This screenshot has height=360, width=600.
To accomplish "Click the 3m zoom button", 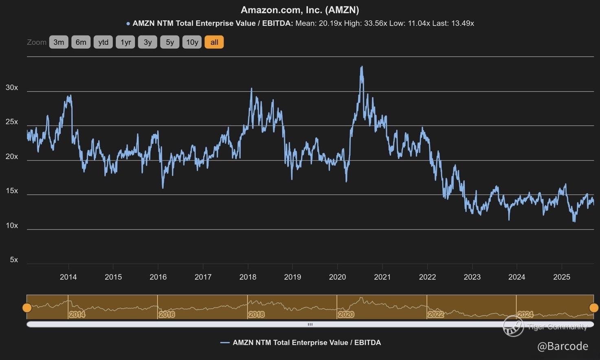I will click(x=59, y=42).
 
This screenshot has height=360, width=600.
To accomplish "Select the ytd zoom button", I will click(x=103, y=42).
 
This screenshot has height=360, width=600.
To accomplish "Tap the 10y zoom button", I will click(x=192, y=42).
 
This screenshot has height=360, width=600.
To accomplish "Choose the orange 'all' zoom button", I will click(x=214, y=42).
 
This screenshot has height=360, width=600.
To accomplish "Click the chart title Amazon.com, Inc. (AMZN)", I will click(x=300, y=10).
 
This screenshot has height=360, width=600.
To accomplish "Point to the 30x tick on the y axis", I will click(x=12, y=88).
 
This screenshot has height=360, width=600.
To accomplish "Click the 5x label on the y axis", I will click(x=14, y=260).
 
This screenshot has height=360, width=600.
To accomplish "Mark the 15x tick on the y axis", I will click(x=12, y=191).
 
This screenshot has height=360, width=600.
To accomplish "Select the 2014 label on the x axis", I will click(x=68, y=277).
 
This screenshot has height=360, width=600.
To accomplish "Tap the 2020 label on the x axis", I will click(x=337, y=277).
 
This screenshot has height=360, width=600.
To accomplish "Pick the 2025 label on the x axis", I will click(x=562, y=277).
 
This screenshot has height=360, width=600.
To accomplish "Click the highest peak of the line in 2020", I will click(x=362, y=67).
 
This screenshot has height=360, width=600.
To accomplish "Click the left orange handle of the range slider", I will click(x=27, y=308).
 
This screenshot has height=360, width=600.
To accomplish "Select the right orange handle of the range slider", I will click(x=594, y=308).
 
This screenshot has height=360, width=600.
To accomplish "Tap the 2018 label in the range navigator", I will click(x=257, y=314).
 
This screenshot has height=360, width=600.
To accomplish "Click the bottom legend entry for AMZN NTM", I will click(x=301, y=343).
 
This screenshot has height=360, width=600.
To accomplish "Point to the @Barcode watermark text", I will click(x=563, y=347).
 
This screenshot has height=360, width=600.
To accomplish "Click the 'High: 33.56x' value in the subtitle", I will click(x=365, y=24).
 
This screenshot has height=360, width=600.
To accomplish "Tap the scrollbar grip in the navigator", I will click(x=310, y=325).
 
